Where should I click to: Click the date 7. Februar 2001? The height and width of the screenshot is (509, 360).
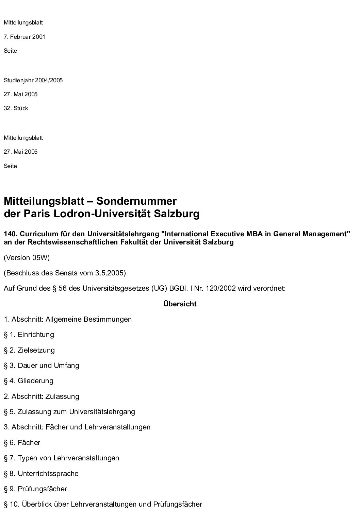pos(24,37)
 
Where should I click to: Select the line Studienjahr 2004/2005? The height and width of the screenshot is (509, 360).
pos(33,81)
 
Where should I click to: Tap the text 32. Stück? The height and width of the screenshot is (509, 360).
pos(16,108)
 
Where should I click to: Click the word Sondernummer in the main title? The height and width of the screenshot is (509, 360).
pos(136,201)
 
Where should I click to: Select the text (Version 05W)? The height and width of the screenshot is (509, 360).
pos(27,258)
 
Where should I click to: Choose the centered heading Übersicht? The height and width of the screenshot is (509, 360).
pos(180,304)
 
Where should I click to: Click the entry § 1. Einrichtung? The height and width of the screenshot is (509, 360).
pos(29,335)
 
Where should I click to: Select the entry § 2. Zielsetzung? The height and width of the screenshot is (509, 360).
pos(29,350)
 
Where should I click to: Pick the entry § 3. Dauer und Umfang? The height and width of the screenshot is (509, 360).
pos(42,366)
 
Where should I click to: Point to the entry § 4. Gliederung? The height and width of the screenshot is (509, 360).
pos(29,381)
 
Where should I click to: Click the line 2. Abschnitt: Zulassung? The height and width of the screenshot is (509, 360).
pos(42,396)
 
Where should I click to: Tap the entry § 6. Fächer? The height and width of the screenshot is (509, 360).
pos(22,443)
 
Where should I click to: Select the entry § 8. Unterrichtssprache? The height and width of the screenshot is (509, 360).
pos(41,474)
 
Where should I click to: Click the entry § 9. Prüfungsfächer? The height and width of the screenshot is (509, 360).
pos(35,489)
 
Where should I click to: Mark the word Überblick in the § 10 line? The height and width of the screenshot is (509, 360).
pos(35,504)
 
